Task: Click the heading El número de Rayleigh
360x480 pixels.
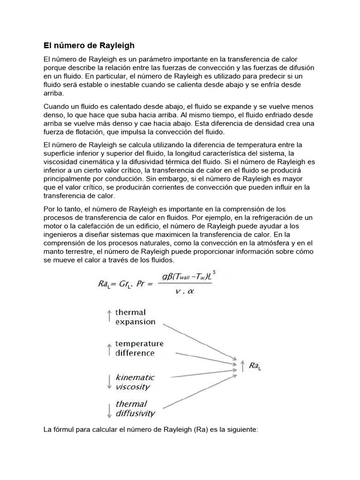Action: [89, 45]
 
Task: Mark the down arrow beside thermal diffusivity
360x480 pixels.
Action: [109, 410]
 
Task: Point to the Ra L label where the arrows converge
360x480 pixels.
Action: [255, 366]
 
